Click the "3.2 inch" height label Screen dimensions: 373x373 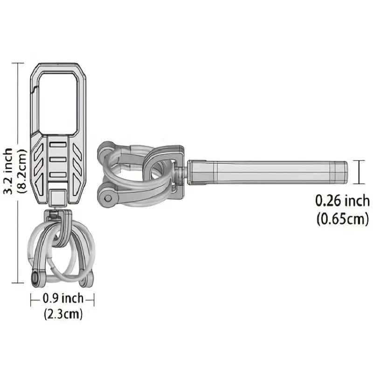[x=7, y=171]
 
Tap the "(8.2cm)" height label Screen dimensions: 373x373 [x=21, y=171]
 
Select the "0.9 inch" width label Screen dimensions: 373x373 [x=63, y=298]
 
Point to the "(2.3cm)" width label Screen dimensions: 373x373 [x=63, y=314]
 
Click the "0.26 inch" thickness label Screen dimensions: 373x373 [x=343, y=201]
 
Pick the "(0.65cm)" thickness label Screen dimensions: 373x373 [x=343, y=219]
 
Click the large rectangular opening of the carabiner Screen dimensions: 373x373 [x=58, y=103]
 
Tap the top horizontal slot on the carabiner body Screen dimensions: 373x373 [x=58, y=145]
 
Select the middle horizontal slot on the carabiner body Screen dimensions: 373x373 [x=58, y=159]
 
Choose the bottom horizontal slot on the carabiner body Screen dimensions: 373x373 [x=58, y=175]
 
